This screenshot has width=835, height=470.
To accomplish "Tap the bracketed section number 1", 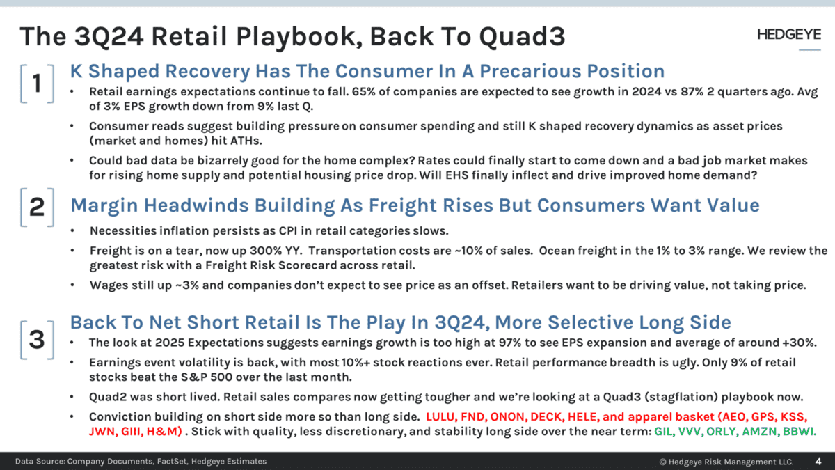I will (37, 84).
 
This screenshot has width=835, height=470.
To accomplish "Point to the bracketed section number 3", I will (37, 339).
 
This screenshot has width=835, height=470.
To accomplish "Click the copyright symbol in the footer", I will (662, 462).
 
